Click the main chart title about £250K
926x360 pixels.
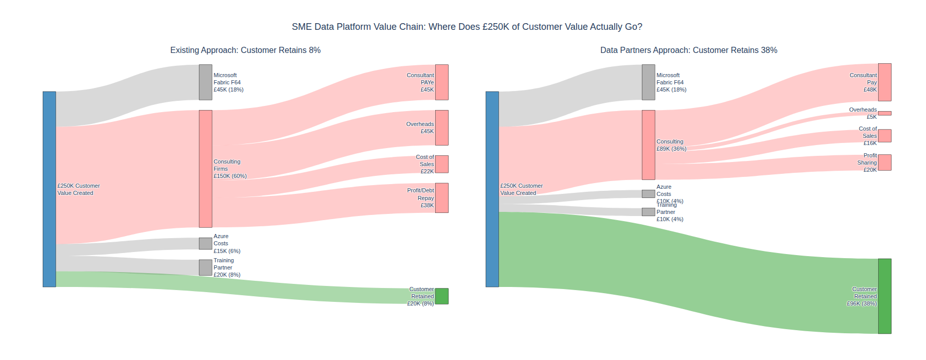click(467, 27)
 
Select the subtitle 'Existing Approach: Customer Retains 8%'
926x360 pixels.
click(245, 50)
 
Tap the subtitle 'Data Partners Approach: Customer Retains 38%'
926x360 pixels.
click(688, 50)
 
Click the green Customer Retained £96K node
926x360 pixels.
click(884, 296)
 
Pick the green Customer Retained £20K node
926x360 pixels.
click(441, 296)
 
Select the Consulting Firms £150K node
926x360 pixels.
click(205, 169)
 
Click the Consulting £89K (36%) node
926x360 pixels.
click(648, 145)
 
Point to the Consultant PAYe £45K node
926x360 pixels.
click(441, 82)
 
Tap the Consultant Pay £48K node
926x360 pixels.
click(884, 82)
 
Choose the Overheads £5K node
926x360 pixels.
click(884, 113)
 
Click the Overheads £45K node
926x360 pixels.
click(441, 128)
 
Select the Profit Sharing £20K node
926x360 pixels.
click(884, 163)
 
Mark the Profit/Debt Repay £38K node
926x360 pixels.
click(441, 198)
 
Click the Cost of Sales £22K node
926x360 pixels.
click(441, 164)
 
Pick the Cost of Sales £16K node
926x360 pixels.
click(884, 136)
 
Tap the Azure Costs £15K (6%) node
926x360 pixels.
click(205, 243)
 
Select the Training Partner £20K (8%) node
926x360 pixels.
click(205, 267)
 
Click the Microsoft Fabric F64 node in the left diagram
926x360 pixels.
click(205, 82)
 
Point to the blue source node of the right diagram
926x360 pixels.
click(492, 189)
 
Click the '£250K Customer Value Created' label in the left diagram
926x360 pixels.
click(79, 189)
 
